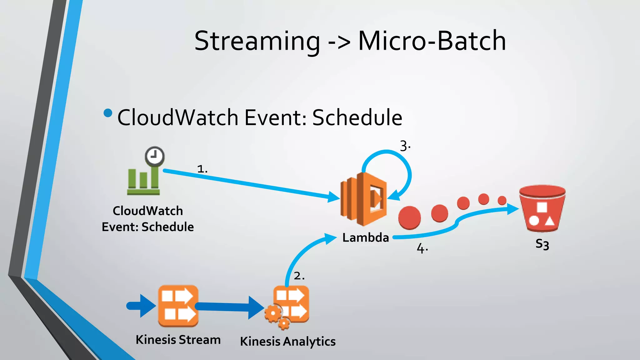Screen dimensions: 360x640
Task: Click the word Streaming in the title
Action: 257,41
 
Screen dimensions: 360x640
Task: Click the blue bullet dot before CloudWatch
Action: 107,113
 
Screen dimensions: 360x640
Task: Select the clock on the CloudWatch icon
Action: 154,156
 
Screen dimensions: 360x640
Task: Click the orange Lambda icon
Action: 364,199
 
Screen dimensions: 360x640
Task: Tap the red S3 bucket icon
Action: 542,208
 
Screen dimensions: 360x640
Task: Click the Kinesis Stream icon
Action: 178,306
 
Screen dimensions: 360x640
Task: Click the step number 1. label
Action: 202,169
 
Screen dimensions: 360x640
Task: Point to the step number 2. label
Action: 299,276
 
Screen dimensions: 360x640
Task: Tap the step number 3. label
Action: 405,146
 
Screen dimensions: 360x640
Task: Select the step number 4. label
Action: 422,249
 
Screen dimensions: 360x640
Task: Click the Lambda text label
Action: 365,238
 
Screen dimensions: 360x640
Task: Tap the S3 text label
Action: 542,244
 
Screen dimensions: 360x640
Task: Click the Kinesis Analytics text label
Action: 287,341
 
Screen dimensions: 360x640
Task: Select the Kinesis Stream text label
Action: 178,340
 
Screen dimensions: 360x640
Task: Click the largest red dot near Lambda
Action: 409,218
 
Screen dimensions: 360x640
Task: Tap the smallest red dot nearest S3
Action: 502,200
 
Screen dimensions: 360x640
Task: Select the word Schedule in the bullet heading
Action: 357,117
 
